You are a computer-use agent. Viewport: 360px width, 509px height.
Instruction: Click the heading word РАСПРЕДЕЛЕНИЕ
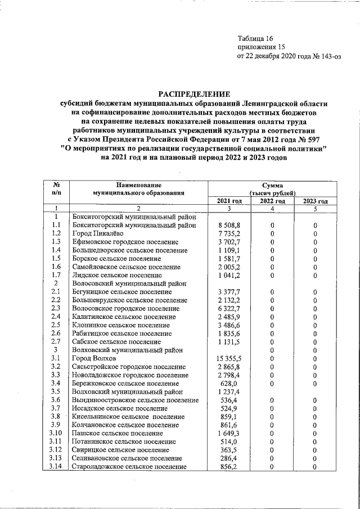coord(193,94)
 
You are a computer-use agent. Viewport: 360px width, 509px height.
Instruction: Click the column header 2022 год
coord(272,201)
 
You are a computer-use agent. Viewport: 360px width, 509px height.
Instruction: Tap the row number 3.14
coord(56,466)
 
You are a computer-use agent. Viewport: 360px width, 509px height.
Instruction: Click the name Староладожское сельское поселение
coord(129,466)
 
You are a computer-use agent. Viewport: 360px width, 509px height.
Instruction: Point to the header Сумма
coord(272,184)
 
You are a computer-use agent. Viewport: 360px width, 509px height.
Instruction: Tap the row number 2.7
coord(56,341)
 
